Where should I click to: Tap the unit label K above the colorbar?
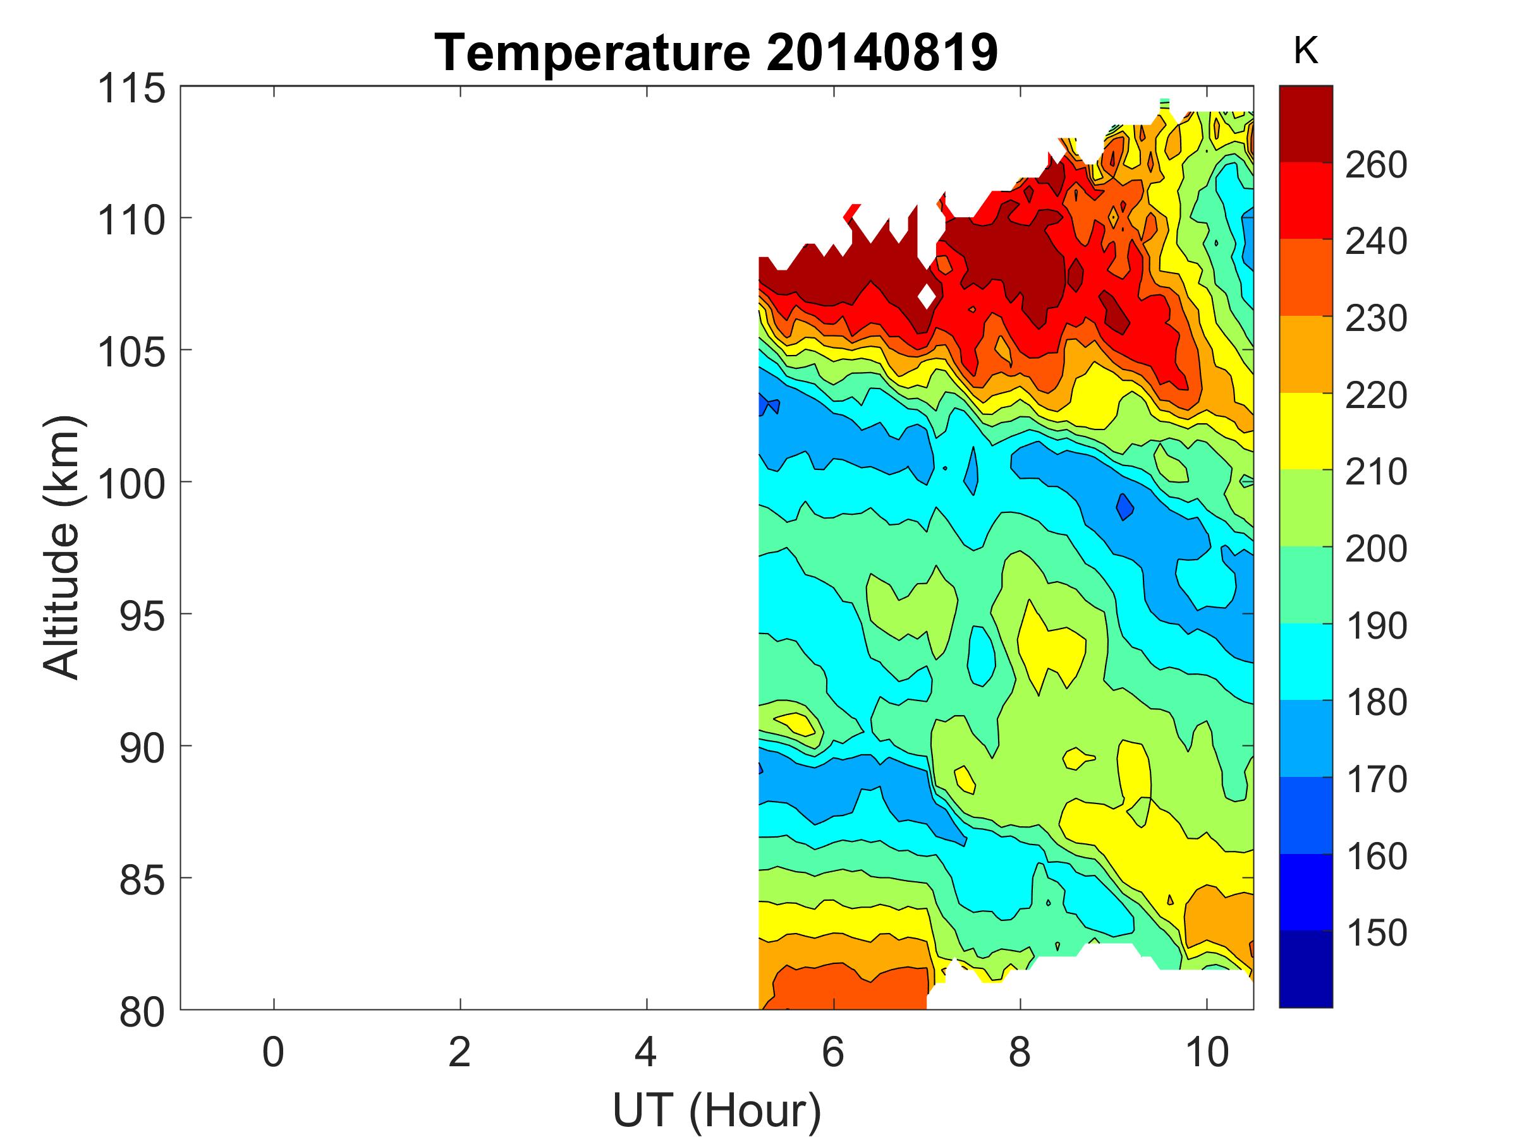click(1305, 51)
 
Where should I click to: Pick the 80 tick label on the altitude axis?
click(142, 1011)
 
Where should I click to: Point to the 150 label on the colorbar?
click(1375, 933)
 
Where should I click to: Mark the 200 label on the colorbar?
click(1375, 548)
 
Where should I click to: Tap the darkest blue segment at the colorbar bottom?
click(1305, 968)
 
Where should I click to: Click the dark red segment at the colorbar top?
click(1305, 123)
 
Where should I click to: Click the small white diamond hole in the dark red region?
click(927, 296)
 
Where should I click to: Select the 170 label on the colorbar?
click(1375, 779)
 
